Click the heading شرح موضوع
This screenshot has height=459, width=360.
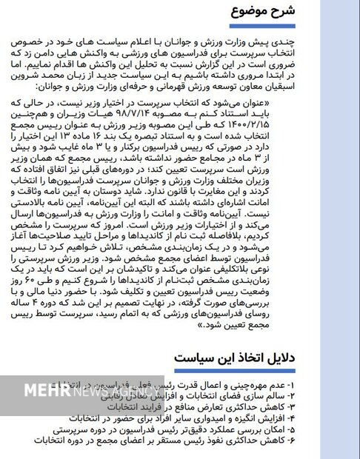[x=263, y=12]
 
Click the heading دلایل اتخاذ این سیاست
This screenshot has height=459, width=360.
[x=235, y=359]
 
